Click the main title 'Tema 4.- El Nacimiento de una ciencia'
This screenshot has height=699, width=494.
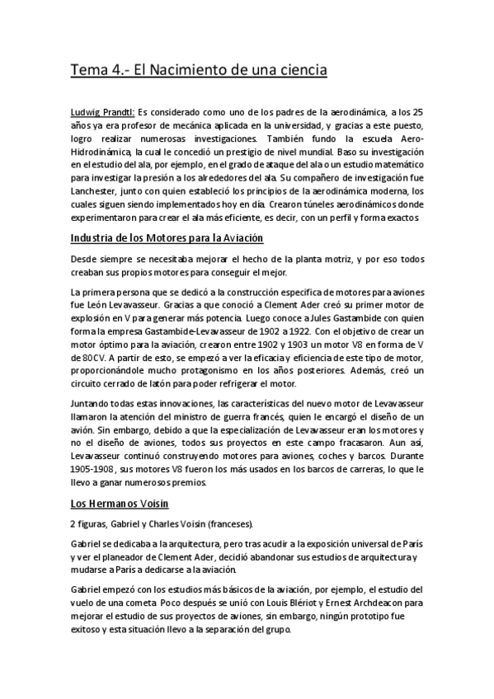pos(199,71)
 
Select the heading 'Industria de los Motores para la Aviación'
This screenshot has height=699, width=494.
pos(167,238)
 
